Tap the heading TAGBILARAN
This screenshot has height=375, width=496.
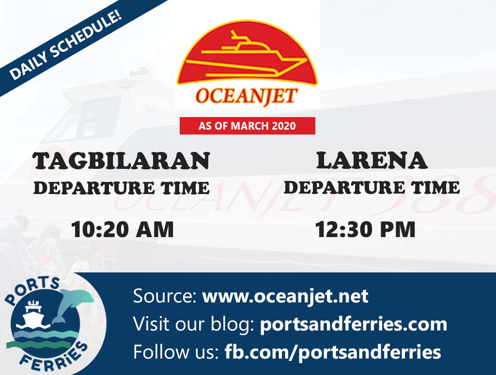click(122, 161)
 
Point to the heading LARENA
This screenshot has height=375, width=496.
click(372, 160)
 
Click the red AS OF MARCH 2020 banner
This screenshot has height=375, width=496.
click(248, 126)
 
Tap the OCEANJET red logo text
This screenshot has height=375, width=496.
click(247, 96)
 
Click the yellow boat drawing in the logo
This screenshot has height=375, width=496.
click(246, 55)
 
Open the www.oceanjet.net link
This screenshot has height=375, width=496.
click(285, 296)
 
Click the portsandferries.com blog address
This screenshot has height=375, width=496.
click(353, 324)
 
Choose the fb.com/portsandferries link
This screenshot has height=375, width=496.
click(333, 352)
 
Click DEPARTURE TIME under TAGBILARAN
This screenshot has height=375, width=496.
click(122, 188)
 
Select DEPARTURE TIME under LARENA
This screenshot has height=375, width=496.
click(372, 187)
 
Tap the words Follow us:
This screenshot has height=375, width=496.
click(176, 352)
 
